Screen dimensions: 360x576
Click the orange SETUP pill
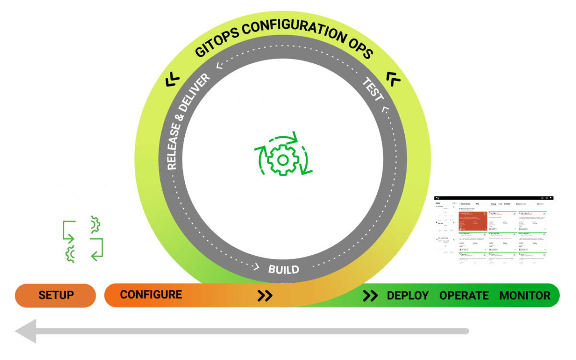click(56, 295)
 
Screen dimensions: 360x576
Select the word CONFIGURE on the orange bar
click(151, 294)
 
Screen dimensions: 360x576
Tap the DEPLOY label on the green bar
click(408, 295)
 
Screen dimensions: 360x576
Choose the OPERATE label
click(464, 295)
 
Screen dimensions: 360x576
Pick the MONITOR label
click(525, 295)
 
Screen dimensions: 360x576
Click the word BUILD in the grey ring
click(284, 269)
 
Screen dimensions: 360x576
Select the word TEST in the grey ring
click(373, 90)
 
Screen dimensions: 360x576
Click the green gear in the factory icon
click(282, 159)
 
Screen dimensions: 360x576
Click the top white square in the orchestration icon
click(83, 222)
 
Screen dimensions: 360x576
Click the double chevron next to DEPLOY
click(370, 295)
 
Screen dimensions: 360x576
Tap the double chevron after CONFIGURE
click(265, 295)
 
